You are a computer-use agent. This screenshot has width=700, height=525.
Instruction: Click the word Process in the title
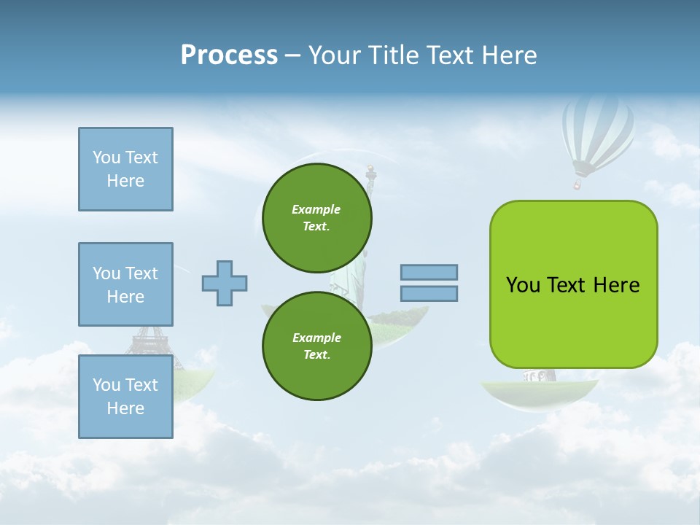coord(229,55)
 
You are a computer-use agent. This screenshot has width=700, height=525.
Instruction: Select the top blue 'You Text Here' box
coord(125,169)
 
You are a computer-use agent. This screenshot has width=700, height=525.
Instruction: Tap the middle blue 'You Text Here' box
coord(125,284)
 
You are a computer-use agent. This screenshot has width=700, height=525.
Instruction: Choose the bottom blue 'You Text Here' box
coord(125,397)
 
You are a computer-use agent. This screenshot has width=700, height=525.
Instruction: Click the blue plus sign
coord(225,283)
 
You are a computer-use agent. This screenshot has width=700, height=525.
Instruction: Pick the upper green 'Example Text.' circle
coord(316,217)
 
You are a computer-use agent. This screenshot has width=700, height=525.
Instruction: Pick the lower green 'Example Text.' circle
coord(316,346)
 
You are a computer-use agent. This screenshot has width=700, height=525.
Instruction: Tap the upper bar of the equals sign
coord(429,272)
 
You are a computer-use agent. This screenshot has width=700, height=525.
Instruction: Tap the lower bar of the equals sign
coord(429,293)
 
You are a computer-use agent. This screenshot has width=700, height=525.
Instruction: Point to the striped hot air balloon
coord(597,131)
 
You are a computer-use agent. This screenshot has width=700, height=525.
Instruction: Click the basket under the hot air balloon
coord(577,183)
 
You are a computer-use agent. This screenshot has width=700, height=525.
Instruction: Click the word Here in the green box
coord(616,285)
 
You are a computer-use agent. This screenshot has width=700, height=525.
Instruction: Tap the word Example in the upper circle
coord(316,209)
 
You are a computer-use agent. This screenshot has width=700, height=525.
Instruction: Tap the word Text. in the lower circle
coord(316,355)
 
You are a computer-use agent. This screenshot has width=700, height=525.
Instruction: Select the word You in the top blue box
coord(106,157)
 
